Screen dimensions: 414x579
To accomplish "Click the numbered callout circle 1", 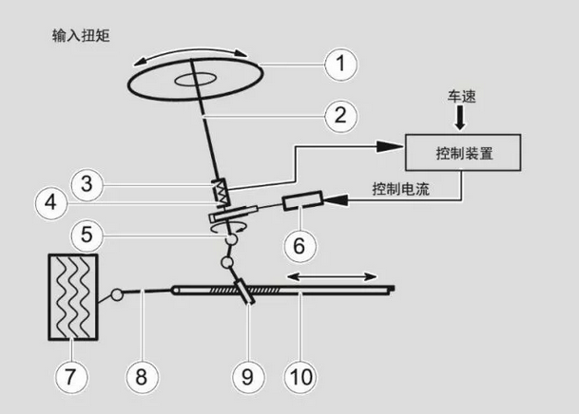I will pos(339,65).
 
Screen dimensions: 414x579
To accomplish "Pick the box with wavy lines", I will pos(70,296).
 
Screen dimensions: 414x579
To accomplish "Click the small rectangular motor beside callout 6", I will pos(302,203).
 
